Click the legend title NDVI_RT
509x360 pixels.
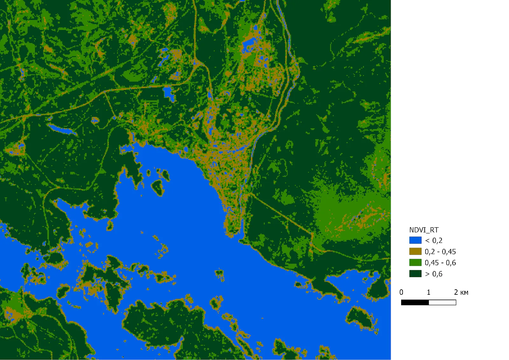coord(423,230)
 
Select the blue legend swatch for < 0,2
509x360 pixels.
coord(415,240)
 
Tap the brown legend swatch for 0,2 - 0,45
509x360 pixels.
coord(415,251)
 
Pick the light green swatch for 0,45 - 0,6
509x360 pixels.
coord(415,263)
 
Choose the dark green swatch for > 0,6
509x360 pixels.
coord(415,274)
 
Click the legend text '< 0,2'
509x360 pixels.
coord(434,241)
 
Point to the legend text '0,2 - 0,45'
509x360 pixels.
coord(440,252)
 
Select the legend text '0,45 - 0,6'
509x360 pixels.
coord(440,263)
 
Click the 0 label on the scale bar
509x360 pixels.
coord(401,292)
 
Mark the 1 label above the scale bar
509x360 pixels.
coord(429,292)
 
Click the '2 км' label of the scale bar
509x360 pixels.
coord(461,292)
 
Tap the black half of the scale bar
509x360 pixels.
coord(415,302)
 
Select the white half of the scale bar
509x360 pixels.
coord(442,302)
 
